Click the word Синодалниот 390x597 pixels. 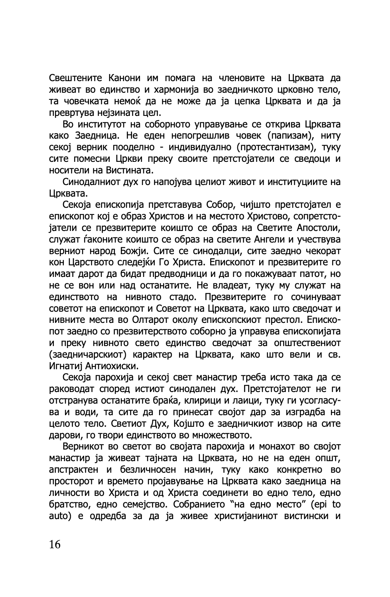point(96,182)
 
